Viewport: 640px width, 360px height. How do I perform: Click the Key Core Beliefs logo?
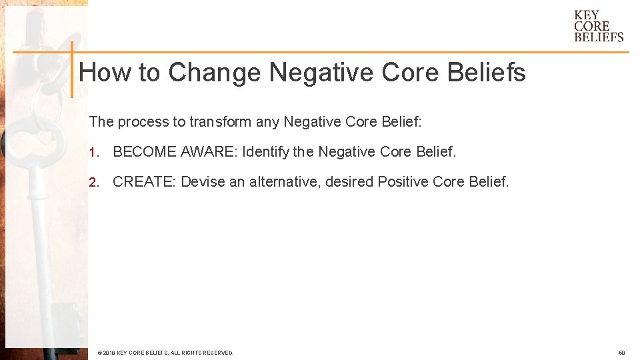tap(598, 26)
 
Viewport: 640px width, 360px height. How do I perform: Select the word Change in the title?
tap(214, 72)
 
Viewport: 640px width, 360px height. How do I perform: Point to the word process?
tap(147, 122)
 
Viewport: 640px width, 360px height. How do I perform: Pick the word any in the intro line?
tap(268, 122)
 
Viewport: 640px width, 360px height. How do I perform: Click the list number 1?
tap(94, 153)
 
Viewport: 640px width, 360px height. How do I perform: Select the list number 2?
tap(94, 182)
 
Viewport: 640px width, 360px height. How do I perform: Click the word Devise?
tap(203, 181)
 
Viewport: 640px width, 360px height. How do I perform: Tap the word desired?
tap(349, 181)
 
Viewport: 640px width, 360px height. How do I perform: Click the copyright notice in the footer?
tap(165, 353)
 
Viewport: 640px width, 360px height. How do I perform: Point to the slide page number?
tap(621, 353)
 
